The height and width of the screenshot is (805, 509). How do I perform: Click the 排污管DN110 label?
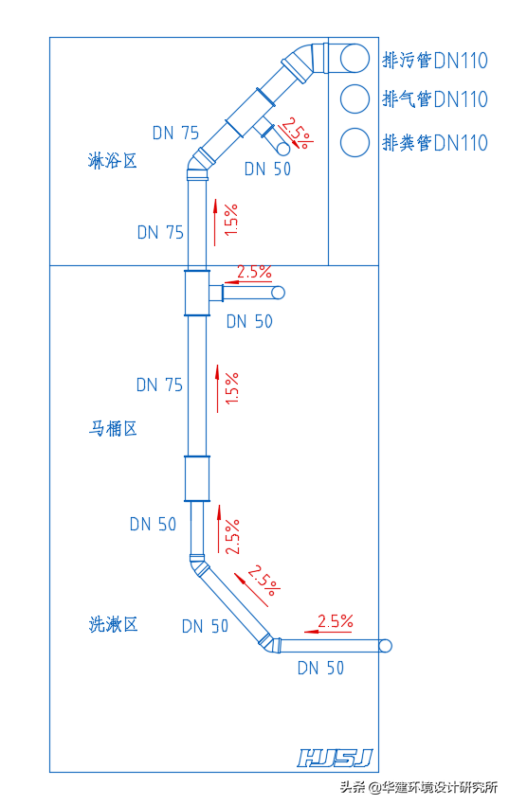(435, 61)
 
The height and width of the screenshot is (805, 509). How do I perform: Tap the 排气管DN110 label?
(435, 98)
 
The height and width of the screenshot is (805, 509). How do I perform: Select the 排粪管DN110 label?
(435, 142)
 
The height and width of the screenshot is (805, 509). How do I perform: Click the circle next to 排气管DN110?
(354, 98)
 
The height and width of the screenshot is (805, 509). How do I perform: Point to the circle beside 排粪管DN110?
(354, 142)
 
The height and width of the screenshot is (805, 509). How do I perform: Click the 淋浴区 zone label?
(113, 161)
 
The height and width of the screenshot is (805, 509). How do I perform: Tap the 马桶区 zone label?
(113, 429)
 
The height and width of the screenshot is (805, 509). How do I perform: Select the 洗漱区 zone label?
(113, 624)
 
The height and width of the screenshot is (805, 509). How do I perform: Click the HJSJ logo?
(336, 758)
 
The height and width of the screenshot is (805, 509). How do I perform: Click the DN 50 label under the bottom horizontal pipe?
(320, 668)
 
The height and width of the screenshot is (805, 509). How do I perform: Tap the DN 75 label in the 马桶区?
(159, 385)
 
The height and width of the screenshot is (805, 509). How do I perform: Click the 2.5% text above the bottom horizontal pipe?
(336, 621)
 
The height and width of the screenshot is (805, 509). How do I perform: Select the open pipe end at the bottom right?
(384, 646)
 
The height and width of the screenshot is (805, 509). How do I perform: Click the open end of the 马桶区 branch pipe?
(278, 293)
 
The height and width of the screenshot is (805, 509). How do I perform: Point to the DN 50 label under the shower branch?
(267, 170)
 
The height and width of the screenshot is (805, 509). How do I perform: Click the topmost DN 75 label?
(176, 134)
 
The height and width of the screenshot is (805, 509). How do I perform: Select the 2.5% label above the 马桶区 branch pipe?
(254, 272)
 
